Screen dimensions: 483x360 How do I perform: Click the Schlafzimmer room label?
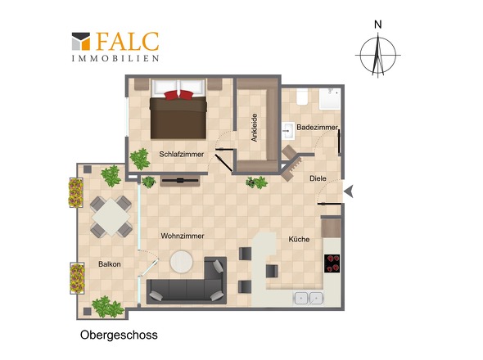(182, 155)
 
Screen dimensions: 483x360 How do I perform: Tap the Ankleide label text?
(254, 128)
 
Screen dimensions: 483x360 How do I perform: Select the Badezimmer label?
(317, 127)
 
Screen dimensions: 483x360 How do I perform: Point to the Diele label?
(318, 178)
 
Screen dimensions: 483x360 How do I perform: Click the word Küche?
(299, 239)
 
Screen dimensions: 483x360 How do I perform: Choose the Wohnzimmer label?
(183, 236)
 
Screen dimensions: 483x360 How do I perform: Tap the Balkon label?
(110, 264)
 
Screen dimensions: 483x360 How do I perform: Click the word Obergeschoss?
(119, 335)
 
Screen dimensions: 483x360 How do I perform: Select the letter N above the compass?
(378, 25)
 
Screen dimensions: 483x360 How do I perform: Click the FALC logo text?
(127, 42)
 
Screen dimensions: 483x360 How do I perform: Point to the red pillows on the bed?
(178, 95)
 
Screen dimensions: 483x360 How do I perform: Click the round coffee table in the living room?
(182, 262)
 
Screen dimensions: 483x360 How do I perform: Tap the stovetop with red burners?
(332, 263)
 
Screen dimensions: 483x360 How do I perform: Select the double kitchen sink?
(309, 298)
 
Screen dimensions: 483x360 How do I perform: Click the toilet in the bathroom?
(302, 97)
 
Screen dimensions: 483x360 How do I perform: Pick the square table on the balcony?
(111, 217)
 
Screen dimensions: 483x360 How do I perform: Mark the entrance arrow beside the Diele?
(349, 191)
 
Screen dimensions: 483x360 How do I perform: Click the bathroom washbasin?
(288, 131)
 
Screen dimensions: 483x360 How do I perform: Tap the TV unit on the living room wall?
(180, 181)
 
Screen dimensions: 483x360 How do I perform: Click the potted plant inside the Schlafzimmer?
(140, 159)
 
